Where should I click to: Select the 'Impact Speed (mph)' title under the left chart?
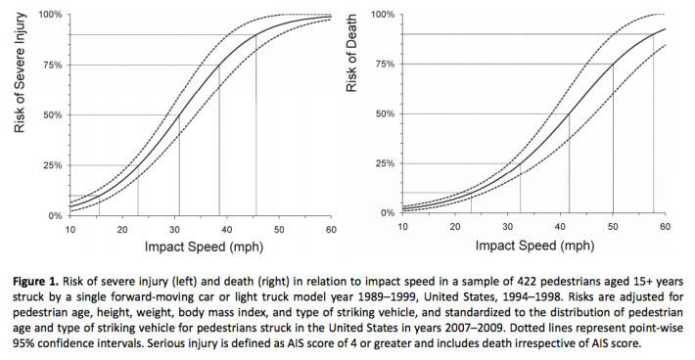coord(200,248)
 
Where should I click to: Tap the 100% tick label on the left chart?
coord(49,16)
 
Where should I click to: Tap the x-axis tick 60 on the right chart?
coord(665,227)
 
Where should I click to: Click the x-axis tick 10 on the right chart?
coord(403,227)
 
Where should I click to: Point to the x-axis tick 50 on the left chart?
coord(279,229)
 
